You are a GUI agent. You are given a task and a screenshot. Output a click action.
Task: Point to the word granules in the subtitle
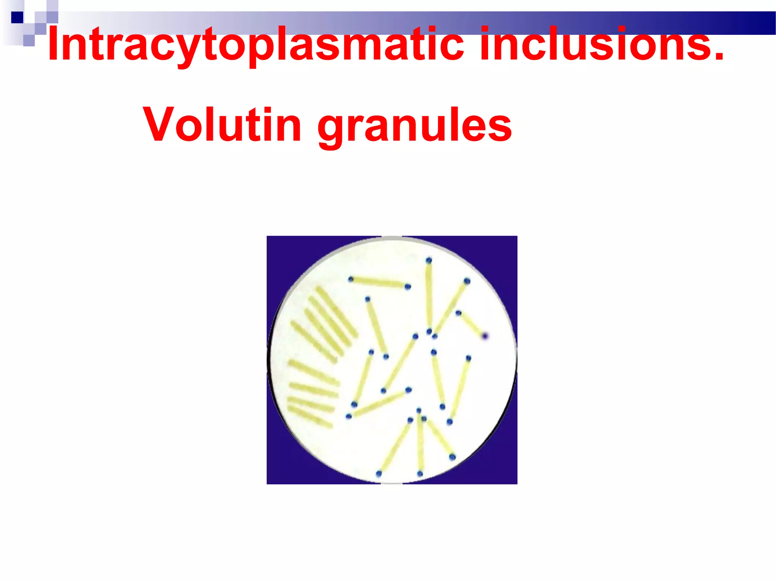[x=415, y=127]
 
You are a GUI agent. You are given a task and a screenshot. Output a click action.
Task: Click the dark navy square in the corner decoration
[x=17, y=17]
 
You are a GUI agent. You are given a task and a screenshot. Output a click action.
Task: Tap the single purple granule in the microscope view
[x=485, y=336]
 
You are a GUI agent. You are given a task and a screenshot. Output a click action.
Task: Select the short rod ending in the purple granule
[x=471, y=324]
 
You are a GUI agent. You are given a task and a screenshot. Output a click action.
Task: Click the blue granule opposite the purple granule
[x=458, y=313]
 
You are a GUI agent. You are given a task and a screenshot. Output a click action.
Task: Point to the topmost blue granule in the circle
[x=429, y=260]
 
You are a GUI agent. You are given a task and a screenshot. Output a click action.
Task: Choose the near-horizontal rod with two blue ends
[x=379, y=283]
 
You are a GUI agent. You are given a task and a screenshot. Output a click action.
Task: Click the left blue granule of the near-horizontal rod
[x=351, y=279]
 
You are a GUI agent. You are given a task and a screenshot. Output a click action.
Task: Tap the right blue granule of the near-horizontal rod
[x=408, y=287]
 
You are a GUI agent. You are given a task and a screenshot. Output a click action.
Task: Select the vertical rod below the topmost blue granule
[x=429, y=296]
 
